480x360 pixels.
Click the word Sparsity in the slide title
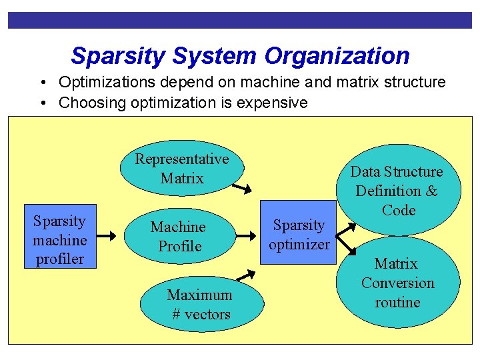[118, 56]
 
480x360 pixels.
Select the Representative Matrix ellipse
[181, 169]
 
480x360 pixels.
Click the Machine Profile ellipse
[179, 237]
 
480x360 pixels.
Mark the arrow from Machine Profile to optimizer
[247, 235]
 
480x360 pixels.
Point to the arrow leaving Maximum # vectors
[246, 274]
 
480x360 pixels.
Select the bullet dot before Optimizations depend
[42, 83]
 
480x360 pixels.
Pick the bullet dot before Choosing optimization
[42, 103]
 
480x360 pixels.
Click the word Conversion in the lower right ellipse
[397, 283]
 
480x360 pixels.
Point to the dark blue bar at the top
[240, 21]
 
